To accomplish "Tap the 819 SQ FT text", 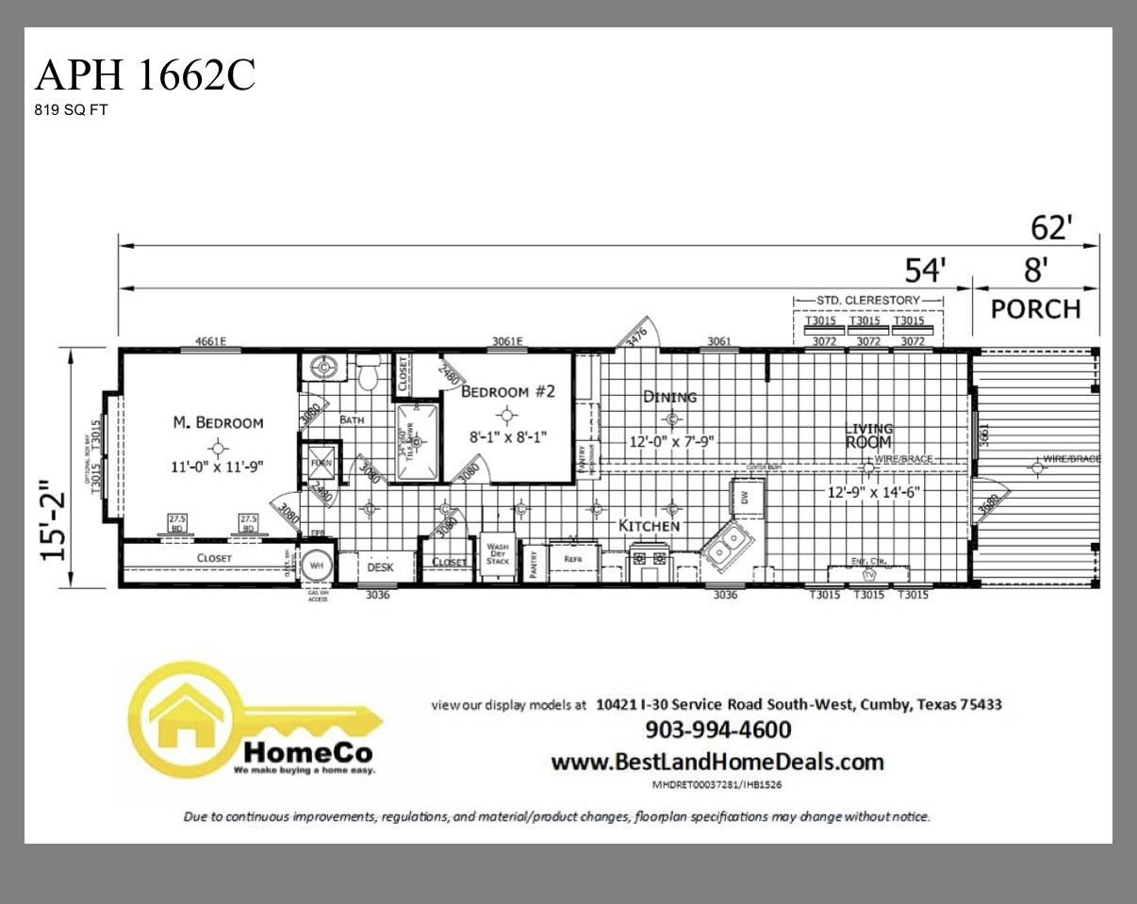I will click(71, 109).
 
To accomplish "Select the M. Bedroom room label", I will click(218, 422).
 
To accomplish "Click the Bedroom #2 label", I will click(507, 391).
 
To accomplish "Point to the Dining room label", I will click(669, 397).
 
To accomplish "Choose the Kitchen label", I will click(649, 525).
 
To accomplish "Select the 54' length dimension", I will click(925, 270).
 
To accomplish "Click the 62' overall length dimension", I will click(1052, 227).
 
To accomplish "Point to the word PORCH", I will click(1035, 309).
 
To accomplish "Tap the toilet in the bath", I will click(369, 374).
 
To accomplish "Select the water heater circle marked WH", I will click(318, 565).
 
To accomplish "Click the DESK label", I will click(380, 567).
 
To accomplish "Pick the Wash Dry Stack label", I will click(497, 553).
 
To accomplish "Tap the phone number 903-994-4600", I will click(717, 730).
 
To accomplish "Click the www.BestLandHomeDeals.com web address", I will click(717, 762).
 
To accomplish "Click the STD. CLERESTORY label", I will click(868, 301).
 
